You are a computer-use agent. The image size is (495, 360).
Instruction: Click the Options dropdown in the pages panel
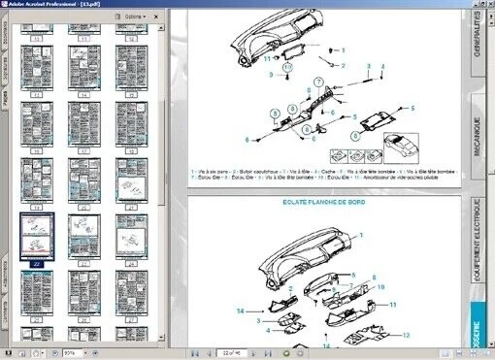[x=135, y=17]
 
